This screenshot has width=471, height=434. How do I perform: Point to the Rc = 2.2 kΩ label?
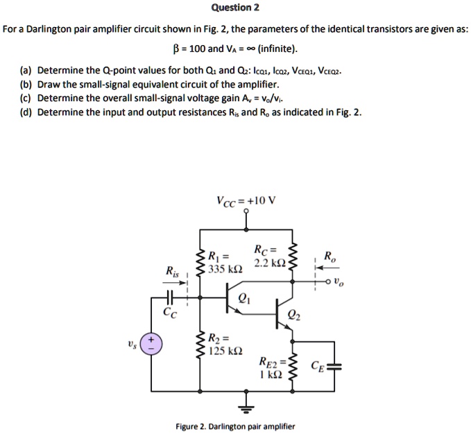[x=268, y=257]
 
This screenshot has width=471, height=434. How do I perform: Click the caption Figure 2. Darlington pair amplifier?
[x=235, y=426]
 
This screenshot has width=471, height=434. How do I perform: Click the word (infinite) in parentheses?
[x=277, y=49]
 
